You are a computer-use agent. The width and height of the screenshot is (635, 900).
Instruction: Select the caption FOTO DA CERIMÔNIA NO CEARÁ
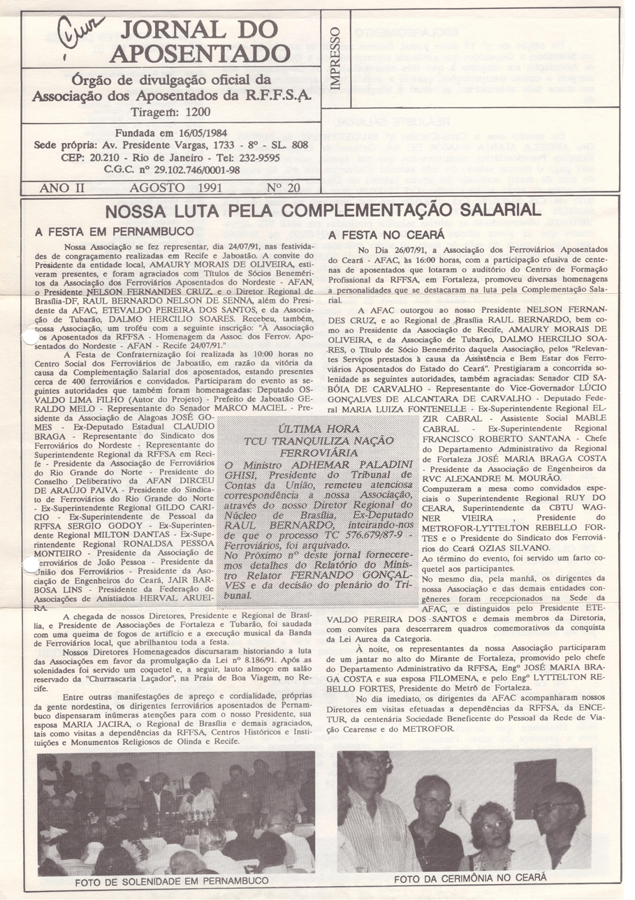(469, 877)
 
